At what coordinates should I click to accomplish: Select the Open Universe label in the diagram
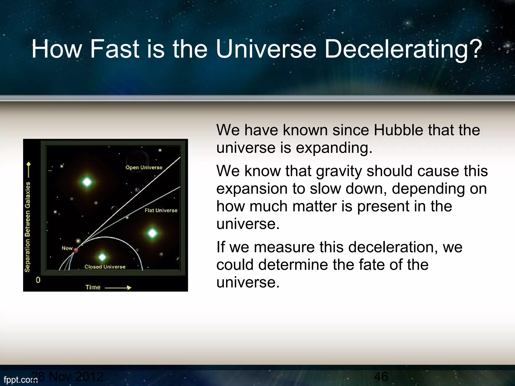(144, 167)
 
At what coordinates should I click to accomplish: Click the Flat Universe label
(161, 210)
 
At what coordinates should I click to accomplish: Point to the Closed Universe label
(105, 267)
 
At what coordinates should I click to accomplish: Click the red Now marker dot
(76, 250)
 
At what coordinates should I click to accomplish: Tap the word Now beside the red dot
(67, 248)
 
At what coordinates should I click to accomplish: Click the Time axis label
(93, 287)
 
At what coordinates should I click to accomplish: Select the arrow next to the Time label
(118, 287)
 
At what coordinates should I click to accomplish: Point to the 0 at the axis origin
(38, 280)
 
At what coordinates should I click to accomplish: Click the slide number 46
(381, 376)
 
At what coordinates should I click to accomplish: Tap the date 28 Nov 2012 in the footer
(68, 376)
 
